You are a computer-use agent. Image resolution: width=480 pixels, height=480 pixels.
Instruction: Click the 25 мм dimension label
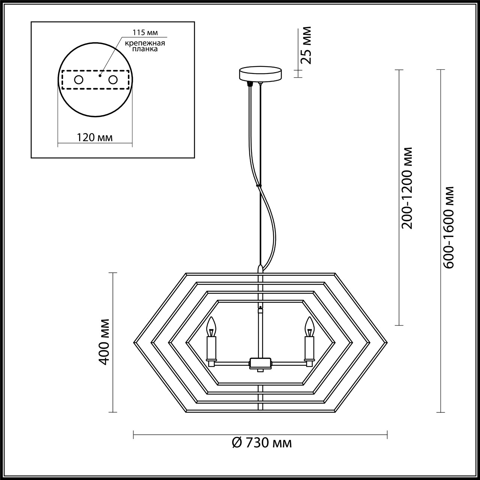click(306, 45)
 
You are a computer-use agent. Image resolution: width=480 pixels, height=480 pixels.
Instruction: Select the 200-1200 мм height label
click(407, 187)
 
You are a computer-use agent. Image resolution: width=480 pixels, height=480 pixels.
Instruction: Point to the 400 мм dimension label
click(104, 342)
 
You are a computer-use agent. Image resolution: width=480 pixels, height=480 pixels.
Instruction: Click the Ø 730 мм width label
click(262, 443)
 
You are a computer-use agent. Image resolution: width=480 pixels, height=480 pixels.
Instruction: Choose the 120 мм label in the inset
click(95, 138)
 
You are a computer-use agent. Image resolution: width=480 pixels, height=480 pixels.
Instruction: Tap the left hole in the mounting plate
click(79, 79)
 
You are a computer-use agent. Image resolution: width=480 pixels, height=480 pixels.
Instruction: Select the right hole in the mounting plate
click(112, 79)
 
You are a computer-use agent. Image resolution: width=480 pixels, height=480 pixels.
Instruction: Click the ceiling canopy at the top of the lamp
click(261, 73)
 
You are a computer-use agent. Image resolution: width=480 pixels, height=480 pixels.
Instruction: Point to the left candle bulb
click(212, 327)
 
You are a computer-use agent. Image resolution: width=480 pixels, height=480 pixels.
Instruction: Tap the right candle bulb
click(309, 327)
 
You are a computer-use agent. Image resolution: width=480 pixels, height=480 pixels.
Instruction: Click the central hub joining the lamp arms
click(260, 363)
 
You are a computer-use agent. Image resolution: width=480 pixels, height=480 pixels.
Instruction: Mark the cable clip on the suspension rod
click(258, 185)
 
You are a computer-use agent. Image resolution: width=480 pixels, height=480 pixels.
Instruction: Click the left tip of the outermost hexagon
click(135, 342)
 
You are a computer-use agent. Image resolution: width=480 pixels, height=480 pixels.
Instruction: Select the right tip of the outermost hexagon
click(386, 342)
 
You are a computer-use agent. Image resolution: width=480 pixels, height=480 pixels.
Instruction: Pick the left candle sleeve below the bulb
click(212, 348)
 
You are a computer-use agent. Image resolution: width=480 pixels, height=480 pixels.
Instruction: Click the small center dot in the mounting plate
click(100, 75)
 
